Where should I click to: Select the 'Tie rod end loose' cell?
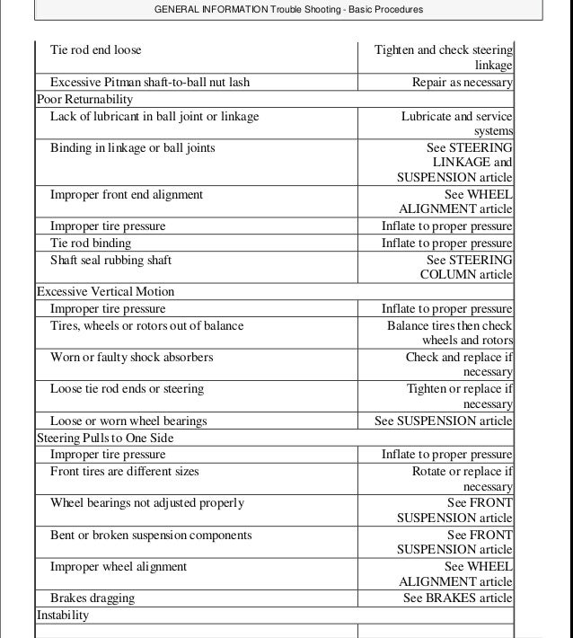tap(95, 50)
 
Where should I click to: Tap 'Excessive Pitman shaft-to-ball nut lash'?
tap(150, 83)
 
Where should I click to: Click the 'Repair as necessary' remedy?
tap(462, 83)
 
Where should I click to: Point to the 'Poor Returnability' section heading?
tap(84, 99)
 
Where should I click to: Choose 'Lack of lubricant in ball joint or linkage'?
tap(154, 116)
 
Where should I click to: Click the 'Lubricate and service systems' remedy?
tap(456, 124)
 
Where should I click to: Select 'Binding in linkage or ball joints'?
tap(132, 147)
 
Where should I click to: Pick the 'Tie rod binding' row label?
tap(90, 244)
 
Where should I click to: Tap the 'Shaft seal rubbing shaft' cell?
tap(110, 261)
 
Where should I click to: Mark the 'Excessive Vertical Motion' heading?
tap(105, 292)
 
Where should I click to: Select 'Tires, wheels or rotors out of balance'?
tap(146, 325)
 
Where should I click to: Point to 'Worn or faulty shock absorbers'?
tap(131, 357)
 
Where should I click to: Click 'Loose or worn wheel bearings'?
tap(128, 421)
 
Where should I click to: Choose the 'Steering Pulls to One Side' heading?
tap(105, 438)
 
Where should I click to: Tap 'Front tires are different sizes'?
tap(124, 471)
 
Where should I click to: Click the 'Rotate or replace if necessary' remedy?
tap(463, 479)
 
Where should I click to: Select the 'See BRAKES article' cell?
tap(457, 598)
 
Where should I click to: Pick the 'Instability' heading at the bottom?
tap(63, 616)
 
